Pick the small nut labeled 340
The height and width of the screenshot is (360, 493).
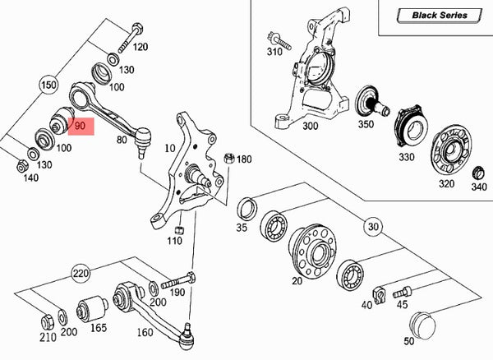coord(478,173)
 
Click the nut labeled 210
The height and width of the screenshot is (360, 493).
coord(46,320)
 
